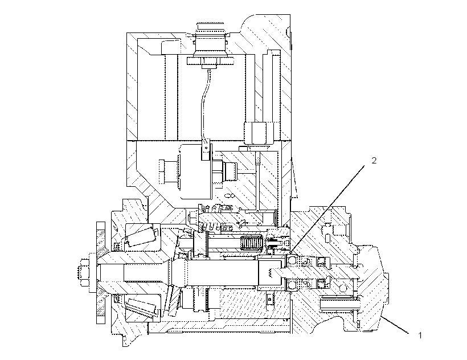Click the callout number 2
click(x=374, y=161)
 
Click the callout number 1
click(x=420, y=336)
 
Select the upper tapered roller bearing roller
click(x=141, y=235)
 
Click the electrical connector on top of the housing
click(x=210, y=41)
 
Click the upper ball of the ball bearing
click(x=292, y=260)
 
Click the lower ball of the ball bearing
click(x=292, y=285)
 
